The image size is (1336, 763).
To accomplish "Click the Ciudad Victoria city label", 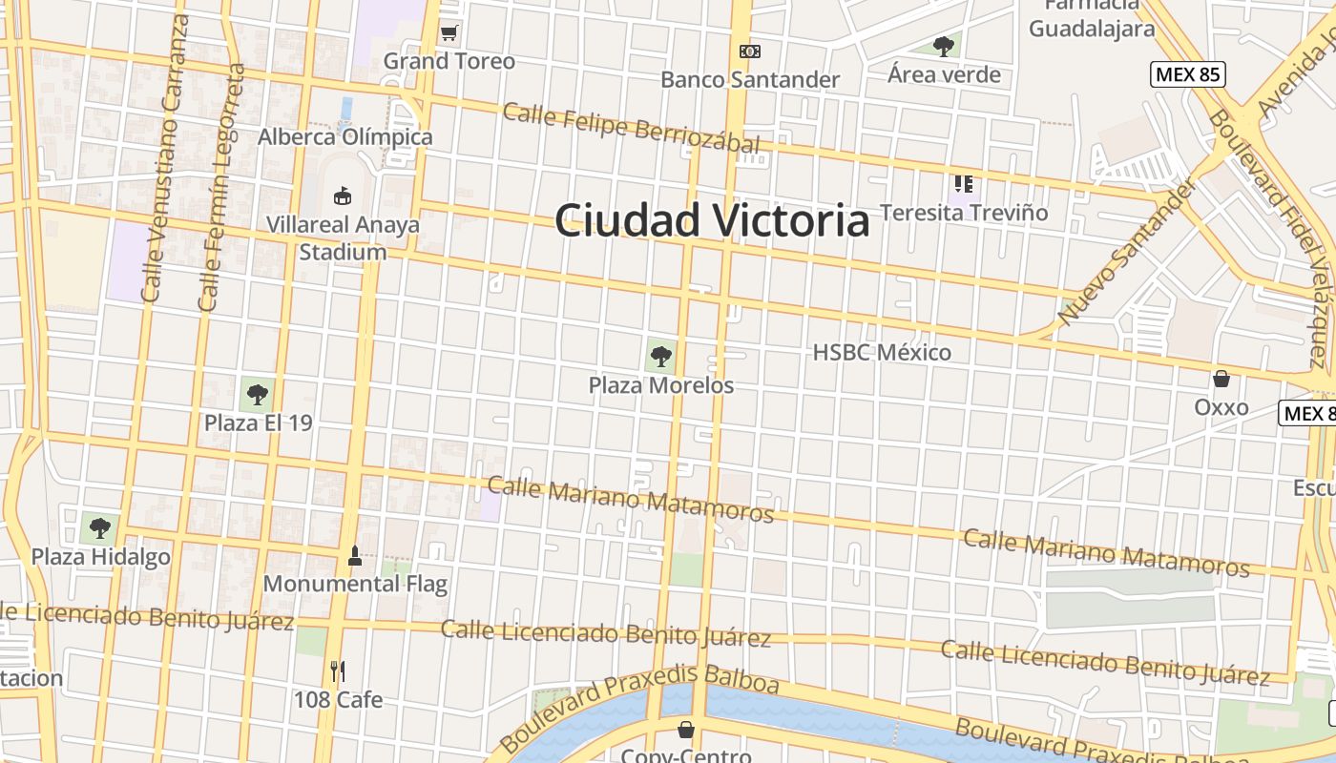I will click(712, 221).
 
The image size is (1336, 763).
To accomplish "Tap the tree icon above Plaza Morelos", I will click(660, 358).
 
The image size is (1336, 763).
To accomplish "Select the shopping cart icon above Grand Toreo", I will click(449, 33).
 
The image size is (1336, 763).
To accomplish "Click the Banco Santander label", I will click(750, 79).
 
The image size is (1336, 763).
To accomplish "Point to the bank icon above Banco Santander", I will click(750, 52).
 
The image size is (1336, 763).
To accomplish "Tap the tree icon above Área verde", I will click(944, 46).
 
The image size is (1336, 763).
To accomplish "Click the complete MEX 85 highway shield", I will click(1187, 74).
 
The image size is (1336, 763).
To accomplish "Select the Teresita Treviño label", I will click(964, 213).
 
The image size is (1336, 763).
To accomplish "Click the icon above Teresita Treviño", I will click(963, 183).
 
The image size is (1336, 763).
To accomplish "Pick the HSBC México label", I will click(882, 353).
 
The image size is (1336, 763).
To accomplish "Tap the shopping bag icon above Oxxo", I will click(1221, 379).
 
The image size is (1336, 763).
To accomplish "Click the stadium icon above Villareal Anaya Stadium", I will click(342, 196).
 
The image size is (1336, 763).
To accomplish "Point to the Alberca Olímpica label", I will click(344, 137).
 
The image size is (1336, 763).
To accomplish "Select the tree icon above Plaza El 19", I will click(257, 393).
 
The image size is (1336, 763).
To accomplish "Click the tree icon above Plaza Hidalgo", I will click(100, 526).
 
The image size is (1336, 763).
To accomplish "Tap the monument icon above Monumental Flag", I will click(355, 555).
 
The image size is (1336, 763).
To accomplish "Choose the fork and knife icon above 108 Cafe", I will click(337, 670).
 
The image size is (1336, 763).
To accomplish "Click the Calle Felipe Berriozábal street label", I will click(631, 128).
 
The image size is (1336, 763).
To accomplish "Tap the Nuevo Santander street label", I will click(1126, 253).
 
